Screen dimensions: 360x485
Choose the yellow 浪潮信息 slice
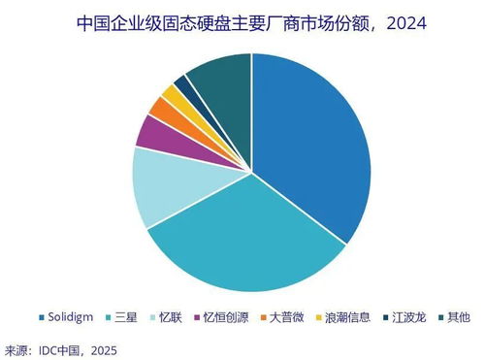[173, 93]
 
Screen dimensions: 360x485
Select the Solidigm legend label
[71, 316]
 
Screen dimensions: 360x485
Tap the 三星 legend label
[126, 316]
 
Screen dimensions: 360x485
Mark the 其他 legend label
[459, 316]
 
